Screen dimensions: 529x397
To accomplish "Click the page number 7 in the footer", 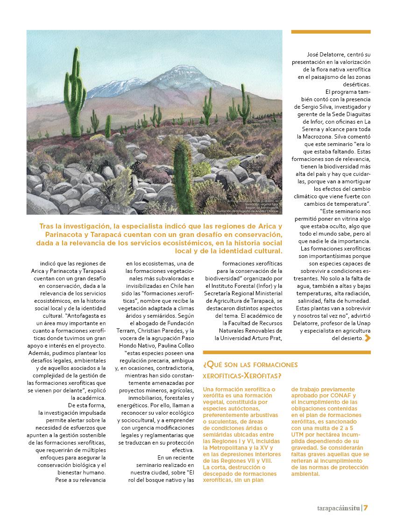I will (x=367, y=508).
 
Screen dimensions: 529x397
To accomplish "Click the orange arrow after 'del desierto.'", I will (x=368, y=338).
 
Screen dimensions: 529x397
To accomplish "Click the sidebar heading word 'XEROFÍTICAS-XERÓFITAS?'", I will (x=242, y=376).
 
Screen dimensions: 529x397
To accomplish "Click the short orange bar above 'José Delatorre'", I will (x=331, y=32).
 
